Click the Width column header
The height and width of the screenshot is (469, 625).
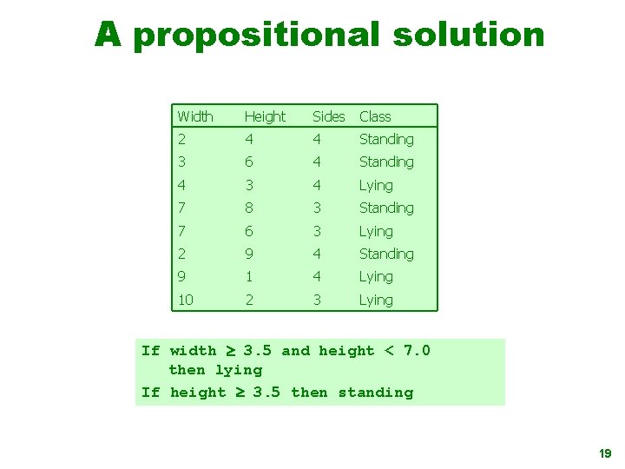point(194,116)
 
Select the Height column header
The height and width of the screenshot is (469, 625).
point(265,116)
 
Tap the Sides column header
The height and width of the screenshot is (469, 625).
point(328,116)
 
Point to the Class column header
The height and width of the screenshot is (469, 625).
point(375,116)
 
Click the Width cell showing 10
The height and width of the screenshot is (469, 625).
point(185,300)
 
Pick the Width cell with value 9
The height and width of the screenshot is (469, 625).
point(181,276)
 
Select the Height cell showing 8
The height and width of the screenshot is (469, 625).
point(249,208)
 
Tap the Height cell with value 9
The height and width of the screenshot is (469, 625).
point(249,254)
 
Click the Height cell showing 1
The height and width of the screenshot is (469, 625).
point(249,276)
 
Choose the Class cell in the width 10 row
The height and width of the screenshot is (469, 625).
point(376,300)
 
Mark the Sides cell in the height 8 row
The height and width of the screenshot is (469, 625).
point(317,208)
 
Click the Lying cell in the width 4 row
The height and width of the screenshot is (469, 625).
point(376,185)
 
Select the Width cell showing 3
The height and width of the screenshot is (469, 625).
point(181,162)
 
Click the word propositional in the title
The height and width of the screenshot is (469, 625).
point(256,36)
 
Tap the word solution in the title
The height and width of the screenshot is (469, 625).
point(469,36)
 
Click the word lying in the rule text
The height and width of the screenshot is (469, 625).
point(239,370)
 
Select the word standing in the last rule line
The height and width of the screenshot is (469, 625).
point(376,393)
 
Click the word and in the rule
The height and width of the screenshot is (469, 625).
point(295,351)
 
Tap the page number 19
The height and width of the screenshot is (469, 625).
point(605,453)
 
